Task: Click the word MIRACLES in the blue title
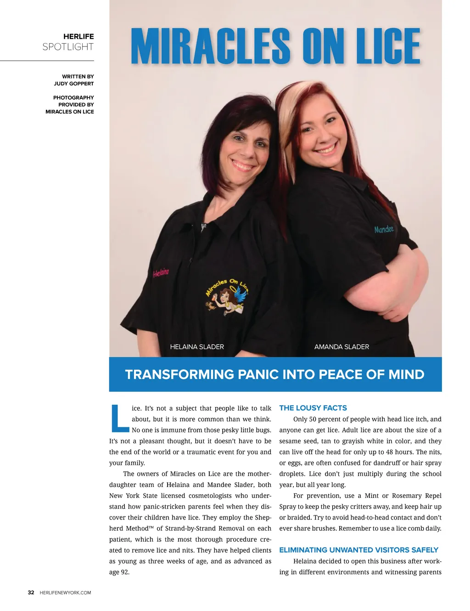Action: [x=211, y=46]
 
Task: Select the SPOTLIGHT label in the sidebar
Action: [x=68, y=47]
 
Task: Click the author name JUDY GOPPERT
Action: [x=73, y=84]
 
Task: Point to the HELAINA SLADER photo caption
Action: [x=197, y=347]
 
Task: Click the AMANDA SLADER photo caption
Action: [x=341, y=347]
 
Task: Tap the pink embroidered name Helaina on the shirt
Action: [x=161, y=272]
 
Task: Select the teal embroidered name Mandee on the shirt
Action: [x=384, y=229]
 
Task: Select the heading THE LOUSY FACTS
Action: [x=313, y=408]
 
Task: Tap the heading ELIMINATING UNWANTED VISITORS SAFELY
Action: [x=358, y=550]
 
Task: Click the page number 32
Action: [x=31, y=593]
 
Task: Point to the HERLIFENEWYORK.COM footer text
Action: [x=65, y=593]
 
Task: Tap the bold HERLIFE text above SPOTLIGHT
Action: [x=78, y=36]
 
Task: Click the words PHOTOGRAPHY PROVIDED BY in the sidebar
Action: [x=73, y=101]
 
